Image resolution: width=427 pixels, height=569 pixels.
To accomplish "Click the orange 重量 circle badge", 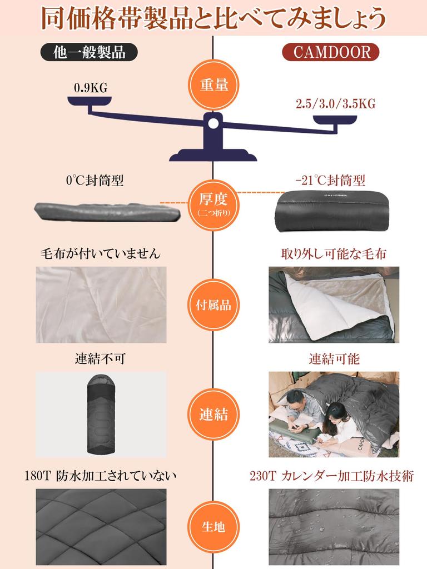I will pos(214,86).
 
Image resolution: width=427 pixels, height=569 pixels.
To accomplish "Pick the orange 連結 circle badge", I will pos(214,414).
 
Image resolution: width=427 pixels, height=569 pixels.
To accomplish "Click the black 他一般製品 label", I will pos(89,52).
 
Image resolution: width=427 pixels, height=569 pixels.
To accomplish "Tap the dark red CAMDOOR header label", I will pos(331,52).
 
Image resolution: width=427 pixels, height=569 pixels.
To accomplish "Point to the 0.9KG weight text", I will pos(90,87).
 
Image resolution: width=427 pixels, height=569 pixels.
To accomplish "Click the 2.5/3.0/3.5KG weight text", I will pos(335,103).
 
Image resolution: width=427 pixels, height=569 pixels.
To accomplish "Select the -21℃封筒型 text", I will pos(331,181).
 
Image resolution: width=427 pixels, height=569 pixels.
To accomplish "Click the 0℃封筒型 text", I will pos(95,181).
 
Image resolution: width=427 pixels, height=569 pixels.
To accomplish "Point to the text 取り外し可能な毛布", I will pos(334,254).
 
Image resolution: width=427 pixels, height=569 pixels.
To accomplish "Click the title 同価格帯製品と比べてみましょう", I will pos(213,18).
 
